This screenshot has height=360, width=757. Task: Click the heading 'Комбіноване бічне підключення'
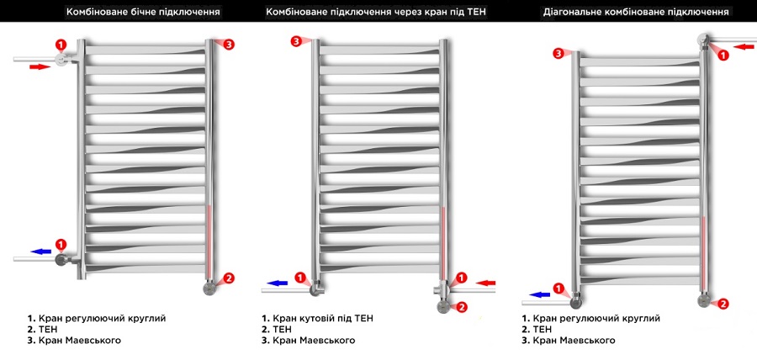pos(144,13)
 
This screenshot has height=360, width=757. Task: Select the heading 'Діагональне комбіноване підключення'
pos(636,13)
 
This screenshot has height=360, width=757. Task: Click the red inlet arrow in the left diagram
pos(40,66)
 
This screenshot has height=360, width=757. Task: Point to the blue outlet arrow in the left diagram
pos(41,251)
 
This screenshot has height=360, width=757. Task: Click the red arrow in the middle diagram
pos(485,283)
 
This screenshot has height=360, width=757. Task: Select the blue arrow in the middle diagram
pos(278,283)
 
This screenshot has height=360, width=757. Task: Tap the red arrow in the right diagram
pos(744,46)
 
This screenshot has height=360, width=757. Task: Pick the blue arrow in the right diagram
pos(540,294)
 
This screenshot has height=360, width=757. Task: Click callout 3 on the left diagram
pos(229,45)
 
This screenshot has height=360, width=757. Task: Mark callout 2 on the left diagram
pos(229,278)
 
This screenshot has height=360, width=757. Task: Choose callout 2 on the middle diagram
pos(462,306)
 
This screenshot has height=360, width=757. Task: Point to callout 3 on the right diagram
pos(558,54)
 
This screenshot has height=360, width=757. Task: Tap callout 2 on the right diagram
pos(723,304)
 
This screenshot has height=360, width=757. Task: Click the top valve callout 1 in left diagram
pos(61,45)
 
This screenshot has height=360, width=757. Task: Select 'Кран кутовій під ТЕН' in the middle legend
pos(317,319)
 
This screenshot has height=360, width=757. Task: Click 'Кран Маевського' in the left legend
pos(74,341)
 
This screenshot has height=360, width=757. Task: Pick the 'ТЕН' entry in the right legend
pos(537,330)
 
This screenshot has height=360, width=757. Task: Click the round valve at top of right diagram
pos(704,40)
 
